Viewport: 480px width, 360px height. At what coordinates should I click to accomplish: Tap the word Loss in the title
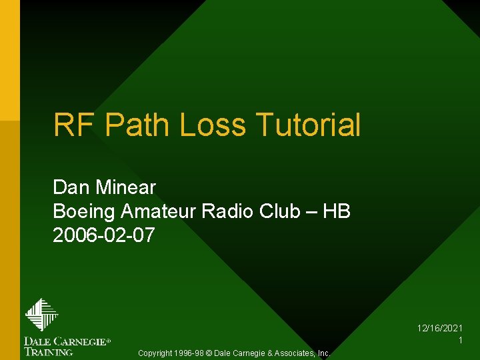click(x=213, y=125)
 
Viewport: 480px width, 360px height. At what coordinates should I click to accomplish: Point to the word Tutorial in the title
click(x=307, y=125)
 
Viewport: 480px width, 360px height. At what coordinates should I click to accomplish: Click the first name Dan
click(x=69, y=187)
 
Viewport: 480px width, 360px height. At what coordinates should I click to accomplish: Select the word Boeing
click(x=84, y=211)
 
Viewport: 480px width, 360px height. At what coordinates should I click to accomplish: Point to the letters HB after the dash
click(x=336, y=211)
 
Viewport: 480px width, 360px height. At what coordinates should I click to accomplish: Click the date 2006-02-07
click(x=104, y=235)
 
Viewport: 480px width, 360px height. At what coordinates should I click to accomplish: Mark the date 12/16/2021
click(x=440, y=329)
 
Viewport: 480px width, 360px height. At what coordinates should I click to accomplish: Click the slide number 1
click(x=461, y=340)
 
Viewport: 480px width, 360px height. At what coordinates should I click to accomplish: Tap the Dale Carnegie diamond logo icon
click(x=42, y=315)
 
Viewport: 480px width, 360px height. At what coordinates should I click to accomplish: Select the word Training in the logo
click(x=49, y=351)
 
